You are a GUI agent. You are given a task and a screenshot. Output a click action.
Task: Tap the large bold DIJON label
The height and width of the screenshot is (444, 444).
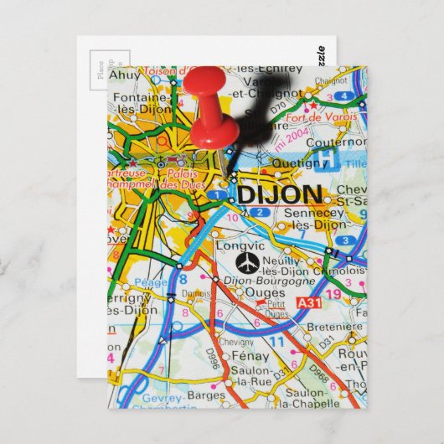(x=278, y=195)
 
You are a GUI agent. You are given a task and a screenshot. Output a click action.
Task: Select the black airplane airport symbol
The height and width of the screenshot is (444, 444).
(x=247, y=264)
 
